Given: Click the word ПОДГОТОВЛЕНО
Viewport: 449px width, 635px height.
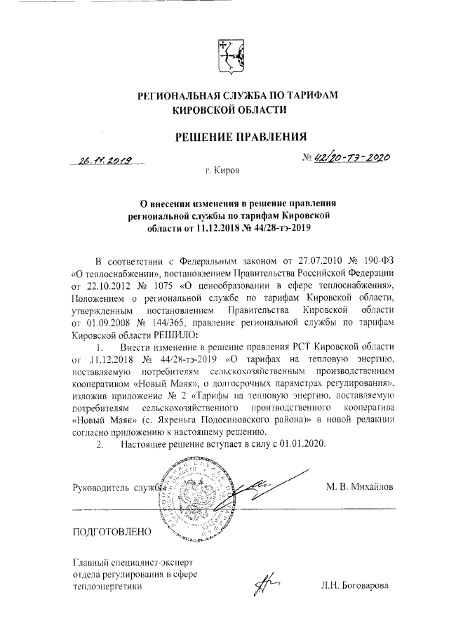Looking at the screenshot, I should (112, 531).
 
